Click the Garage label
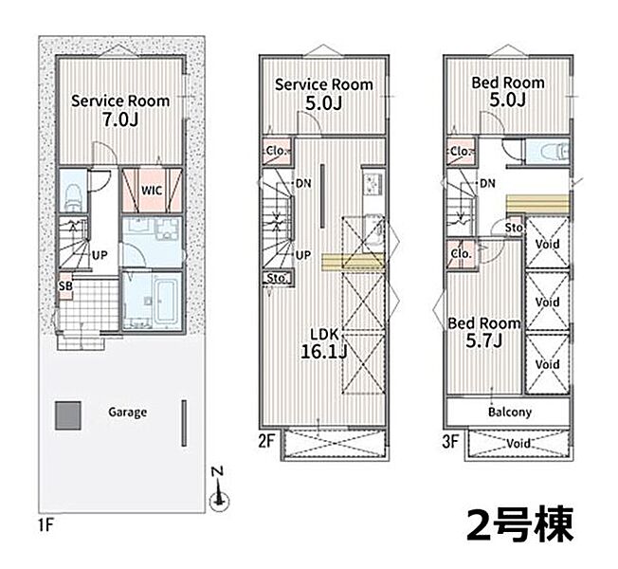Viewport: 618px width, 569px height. (x=127, y=413)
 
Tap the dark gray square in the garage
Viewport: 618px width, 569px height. (x=68, y=415)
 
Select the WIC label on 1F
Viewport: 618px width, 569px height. (x=152, y=191)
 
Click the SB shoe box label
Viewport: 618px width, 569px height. (x=65, y=285)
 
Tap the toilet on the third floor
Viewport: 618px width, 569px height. (x=554, y=151)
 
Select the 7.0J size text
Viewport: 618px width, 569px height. (x=120, y=119)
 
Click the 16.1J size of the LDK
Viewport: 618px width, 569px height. (x=323, y=351)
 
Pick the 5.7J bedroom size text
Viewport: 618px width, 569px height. (x=483, y=340)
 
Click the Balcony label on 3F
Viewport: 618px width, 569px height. (x=510, y=413)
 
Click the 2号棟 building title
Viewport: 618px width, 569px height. (x=519, y=524)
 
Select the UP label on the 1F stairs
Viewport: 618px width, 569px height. (x=100, y=255)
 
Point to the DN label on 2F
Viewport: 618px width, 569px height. (x=303, y=183)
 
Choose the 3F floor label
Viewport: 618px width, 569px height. (x=450, y=441)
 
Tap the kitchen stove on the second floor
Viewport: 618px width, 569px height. (x=373, y=182)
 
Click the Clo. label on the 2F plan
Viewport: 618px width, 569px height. (x=276, y=151)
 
